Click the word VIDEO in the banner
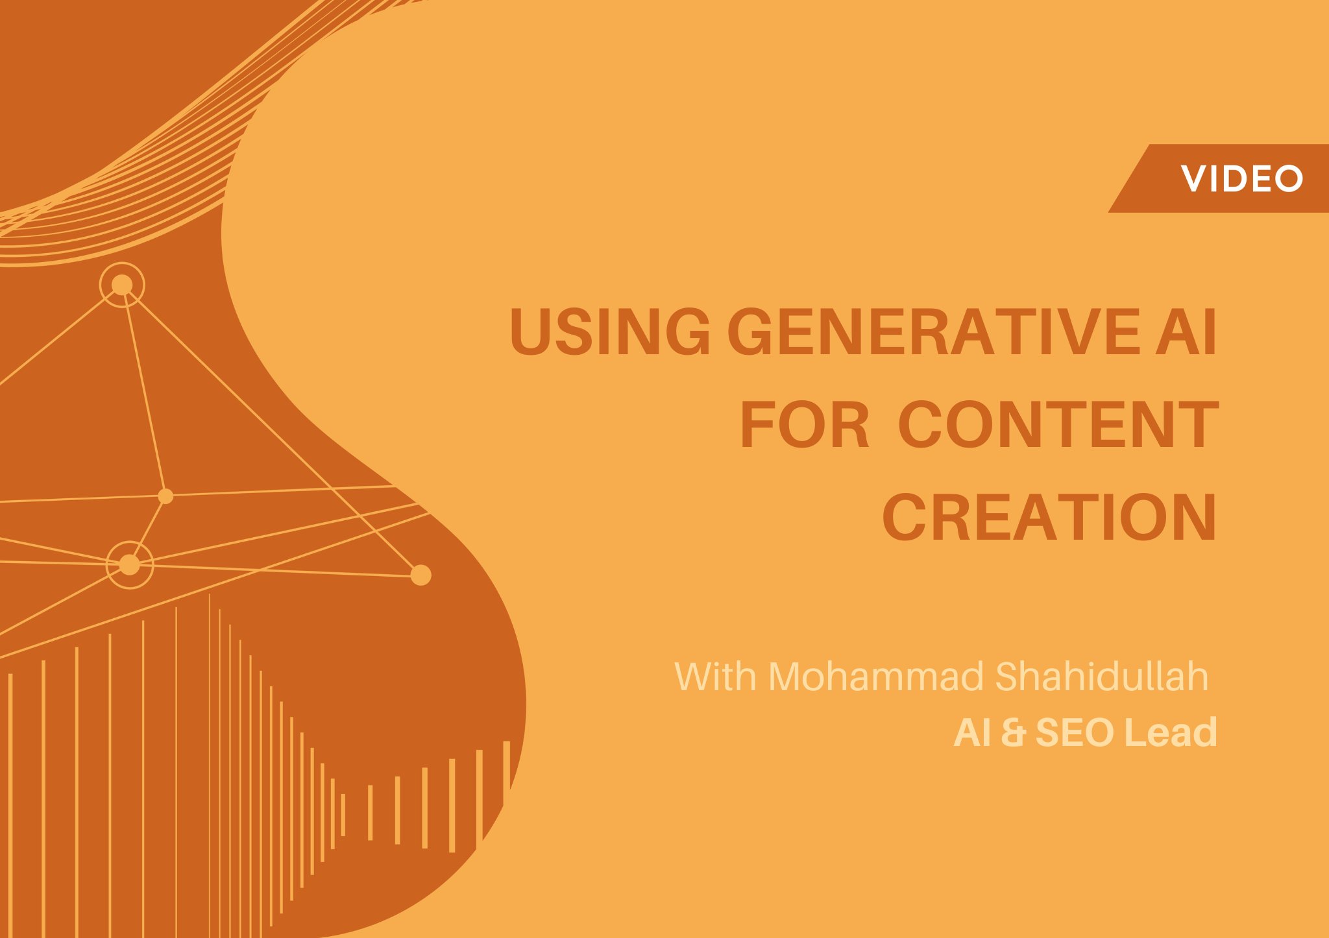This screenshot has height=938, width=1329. [x=1241, y=178]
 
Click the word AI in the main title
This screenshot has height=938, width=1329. [x=1186, y=332]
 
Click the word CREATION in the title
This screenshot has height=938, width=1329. [x=1049, y=518]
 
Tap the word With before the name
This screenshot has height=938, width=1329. [x=715, y=677]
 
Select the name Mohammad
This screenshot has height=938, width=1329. [x=876, y=677]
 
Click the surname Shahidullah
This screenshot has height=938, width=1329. [x=1101, y=677]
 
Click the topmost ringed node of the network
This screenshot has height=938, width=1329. [x=122, y=285]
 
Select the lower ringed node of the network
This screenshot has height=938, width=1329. [x=129, y=564]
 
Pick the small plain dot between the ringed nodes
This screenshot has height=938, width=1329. [x=165, y=496]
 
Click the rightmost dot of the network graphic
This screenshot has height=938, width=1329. [x=421, y=575]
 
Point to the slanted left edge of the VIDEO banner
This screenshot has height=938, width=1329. [x=1130, y=178]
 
